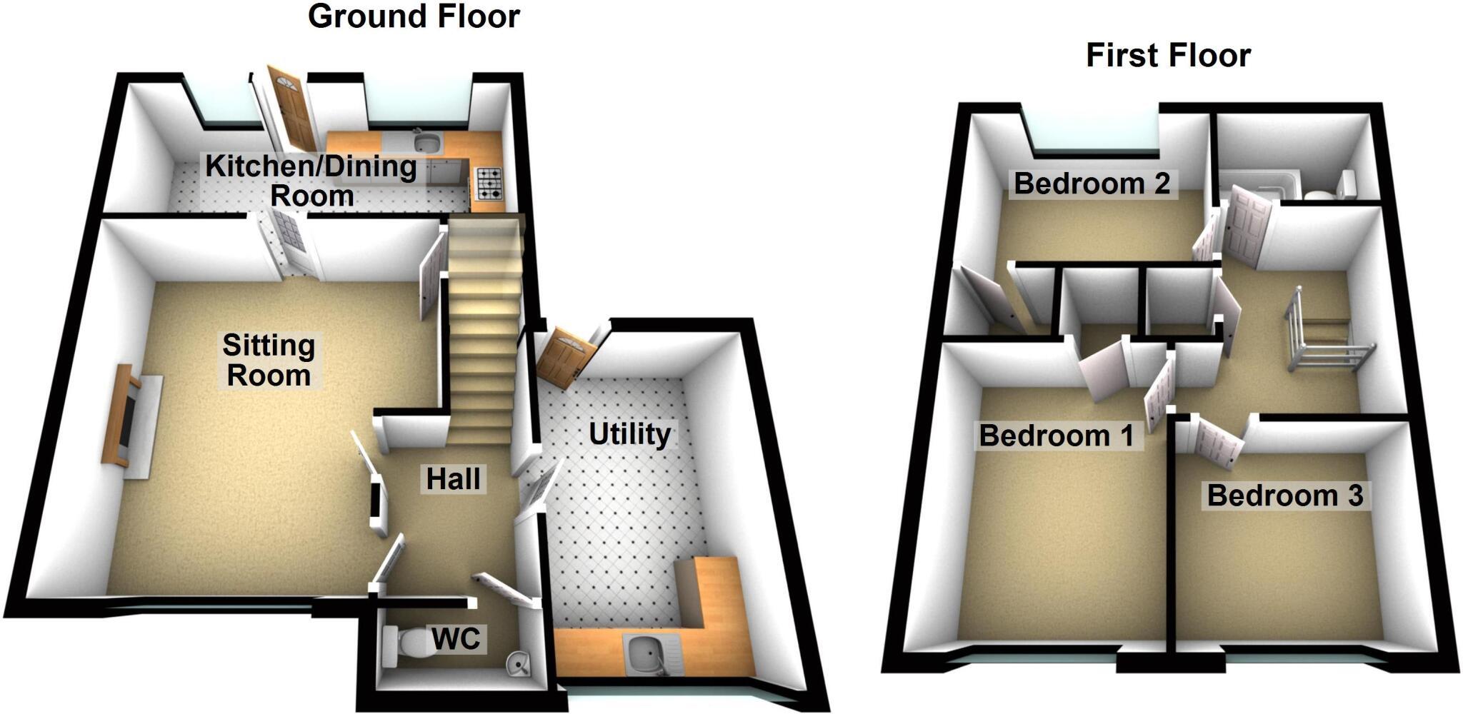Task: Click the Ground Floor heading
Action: click(x=414, y=16)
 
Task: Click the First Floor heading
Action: click(x=1168, y=56)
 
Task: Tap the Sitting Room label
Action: click(x=269, y=361)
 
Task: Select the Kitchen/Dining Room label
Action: click(x=311, y=181)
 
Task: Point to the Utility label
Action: click(x=629, y=433)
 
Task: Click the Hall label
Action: click(x=453, y=478)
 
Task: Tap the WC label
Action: click(x=456, y=638)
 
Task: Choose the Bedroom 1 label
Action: click(x=1056, y=435)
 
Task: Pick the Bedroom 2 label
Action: click(x=1092, y=183)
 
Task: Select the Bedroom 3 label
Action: click(x=1284, y=495)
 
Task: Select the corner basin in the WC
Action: click(x=519, y=665)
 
